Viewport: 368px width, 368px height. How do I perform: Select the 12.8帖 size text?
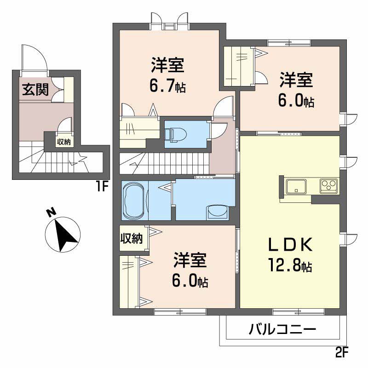(291, 265)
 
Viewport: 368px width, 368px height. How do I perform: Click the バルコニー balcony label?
(282, 329)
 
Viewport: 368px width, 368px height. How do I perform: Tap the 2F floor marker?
(342, 353)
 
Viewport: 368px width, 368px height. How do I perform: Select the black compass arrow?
(64, 234)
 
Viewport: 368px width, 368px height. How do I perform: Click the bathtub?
(134, 200)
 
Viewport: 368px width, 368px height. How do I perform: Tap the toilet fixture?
(177, 133)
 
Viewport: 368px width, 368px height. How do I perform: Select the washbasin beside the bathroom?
(218, 212)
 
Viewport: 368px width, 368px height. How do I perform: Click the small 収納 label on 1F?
(63, 142)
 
